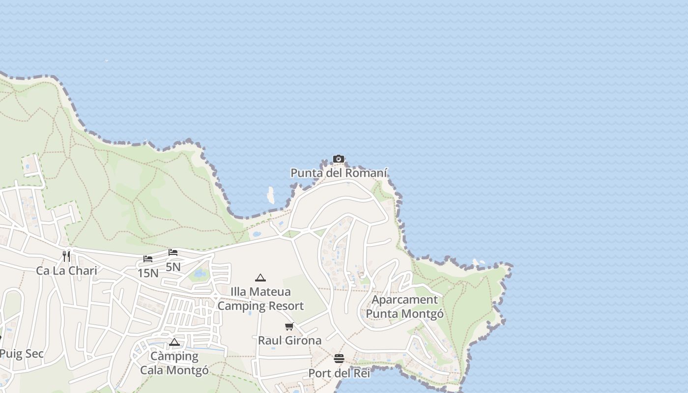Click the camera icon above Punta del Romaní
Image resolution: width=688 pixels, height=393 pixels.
pos(338,159)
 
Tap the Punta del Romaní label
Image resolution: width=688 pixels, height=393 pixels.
pos(339,173)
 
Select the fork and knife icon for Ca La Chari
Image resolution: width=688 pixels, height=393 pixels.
pos(66,256)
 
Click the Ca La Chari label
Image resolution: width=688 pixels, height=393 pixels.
pos(66,271)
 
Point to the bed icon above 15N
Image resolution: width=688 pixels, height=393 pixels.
pos(148,258)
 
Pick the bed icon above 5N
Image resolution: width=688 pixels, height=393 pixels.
pos(173,253)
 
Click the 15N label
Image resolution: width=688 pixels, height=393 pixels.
pos(148,273)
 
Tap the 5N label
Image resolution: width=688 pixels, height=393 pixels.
pos(173,267)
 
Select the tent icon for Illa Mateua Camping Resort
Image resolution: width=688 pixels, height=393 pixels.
pos(260,278)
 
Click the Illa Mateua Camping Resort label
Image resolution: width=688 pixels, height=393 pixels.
pos(260,299)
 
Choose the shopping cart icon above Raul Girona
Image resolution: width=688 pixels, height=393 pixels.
pos(289,326)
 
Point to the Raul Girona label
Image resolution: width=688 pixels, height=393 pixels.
pos(289,340)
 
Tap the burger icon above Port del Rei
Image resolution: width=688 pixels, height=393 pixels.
pos(339,359)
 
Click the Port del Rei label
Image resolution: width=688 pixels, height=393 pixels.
pos(339,373)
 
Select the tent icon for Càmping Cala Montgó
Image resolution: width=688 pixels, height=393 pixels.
pos(174,342)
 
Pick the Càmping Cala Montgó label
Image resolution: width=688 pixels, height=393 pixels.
pos(174,363)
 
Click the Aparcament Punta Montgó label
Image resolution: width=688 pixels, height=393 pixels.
pos(404,307)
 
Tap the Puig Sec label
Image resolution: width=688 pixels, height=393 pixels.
pos(22,354)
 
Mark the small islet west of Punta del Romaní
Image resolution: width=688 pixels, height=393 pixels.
pos(270,195)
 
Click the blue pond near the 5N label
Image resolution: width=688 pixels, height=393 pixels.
pos(200,273)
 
